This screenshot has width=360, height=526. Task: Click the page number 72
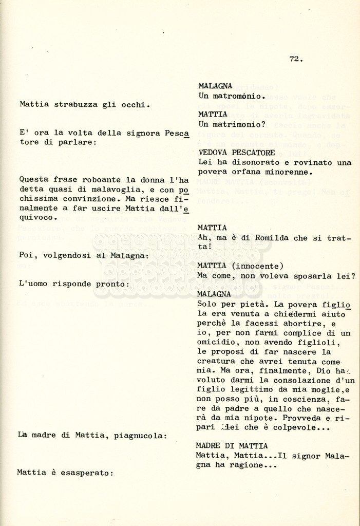295,59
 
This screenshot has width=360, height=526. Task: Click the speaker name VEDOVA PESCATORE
236,153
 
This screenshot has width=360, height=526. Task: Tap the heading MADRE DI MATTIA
232,446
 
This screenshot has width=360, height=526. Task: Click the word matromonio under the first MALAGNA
237,96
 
